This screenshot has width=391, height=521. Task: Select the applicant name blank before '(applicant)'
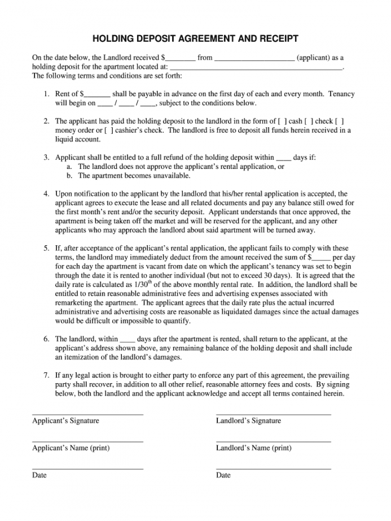point(254,59)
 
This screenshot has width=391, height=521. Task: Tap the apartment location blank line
point(260,68)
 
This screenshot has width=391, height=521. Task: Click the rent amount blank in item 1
point(97,95)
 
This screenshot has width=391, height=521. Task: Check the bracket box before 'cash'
point(282,121)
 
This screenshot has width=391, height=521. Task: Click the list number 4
point(46,194)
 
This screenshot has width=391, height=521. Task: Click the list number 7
point(46,375)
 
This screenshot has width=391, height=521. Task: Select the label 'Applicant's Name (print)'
point(71,448)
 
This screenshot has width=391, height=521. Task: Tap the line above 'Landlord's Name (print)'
point(273,442)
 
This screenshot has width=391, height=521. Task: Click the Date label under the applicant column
point(39,475)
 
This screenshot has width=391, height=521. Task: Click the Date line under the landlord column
point(273,469)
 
